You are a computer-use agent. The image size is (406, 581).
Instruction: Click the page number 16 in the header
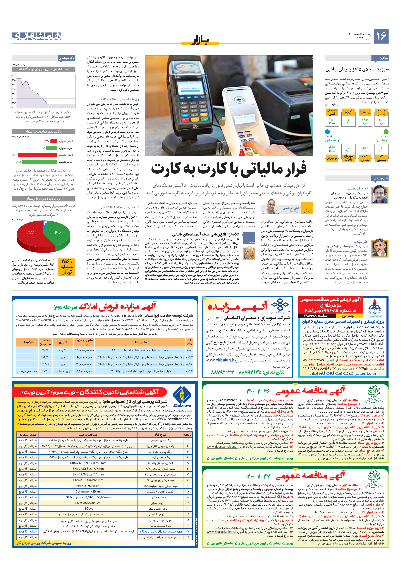pos(381,36)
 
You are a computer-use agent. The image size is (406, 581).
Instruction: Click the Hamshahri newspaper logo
pos(36,36)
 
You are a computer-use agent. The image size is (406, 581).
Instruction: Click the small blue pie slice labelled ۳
pos(45,223)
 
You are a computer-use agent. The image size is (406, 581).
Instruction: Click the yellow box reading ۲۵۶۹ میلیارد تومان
pos(67,266)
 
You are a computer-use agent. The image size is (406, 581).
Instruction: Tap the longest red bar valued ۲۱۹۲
pos(38,155)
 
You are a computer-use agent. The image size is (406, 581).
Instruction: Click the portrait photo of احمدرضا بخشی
pos(380,194)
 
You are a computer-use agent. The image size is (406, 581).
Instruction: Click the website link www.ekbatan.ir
pos(220,360)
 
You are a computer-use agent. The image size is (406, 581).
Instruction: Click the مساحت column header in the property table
pos(45,342)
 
